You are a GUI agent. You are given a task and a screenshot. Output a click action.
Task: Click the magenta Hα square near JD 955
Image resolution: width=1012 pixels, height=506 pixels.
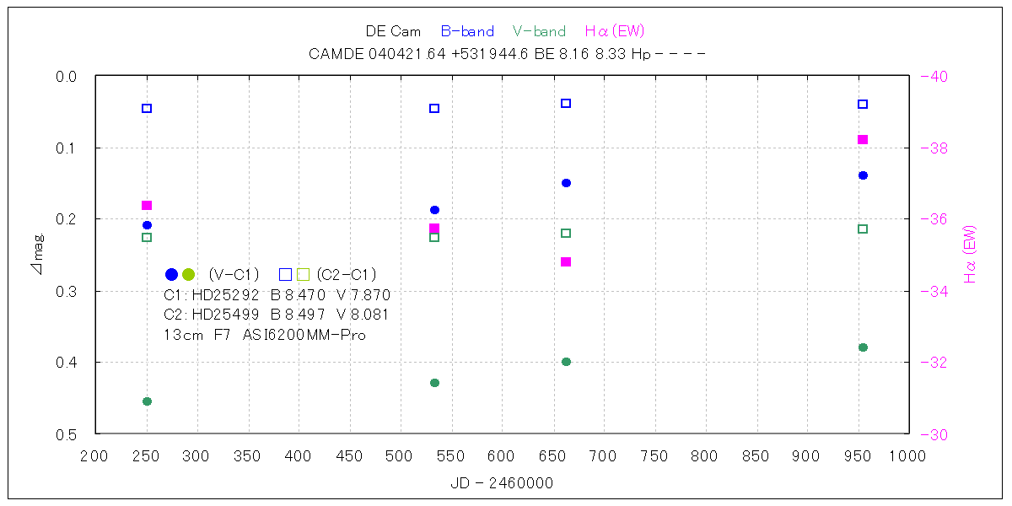click(x=863, y=139)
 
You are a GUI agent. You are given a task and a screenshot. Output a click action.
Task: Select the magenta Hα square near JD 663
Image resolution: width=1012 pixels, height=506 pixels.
click(x=566, y=261)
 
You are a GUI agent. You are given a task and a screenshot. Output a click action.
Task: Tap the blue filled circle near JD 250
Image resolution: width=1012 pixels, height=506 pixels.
click(x=147, y=225)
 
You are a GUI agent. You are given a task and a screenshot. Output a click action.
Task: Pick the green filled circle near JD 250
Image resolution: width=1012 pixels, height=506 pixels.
click(x=147, y=401)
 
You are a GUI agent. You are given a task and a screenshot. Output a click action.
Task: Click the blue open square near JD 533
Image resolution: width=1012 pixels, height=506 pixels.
click(x=434, y=108)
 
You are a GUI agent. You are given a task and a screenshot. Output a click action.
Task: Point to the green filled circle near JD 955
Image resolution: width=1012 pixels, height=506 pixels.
click(x=863, y=347)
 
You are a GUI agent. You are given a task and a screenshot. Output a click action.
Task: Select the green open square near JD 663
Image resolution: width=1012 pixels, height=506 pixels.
click(x=566, y=233)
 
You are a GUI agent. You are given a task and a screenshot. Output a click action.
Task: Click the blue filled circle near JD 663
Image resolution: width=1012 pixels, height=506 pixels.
click(x=566, y=183)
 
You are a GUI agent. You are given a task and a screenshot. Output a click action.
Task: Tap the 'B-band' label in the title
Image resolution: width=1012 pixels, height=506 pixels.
click(x=467, y=32)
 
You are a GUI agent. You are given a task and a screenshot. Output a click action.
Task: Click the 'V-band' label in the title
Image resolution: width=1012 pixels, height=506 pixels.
click(x=539, y=32)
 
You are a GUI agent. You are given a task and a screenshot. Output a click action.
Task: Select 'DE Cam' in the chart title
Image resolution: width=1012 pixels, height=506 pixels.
click(x=393, y=32)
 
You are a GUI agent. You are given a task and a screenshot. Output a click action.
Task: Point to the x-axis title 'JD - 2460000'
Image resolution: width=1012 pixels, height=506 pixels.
click(x=502, y=483)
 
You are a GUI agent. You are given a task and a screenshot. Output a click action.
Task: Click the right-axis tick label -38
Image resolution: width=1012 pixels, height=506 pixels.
click(x=934, y=148)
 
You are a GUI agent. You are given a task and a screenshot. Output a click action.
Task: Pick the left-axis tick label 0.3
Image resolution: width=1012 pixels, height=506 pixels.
click(x=67, y=291)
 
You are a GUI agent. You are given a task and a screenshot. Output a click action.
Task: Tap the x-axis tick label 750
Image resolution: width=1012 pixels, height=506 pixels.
click(x=654, y=456)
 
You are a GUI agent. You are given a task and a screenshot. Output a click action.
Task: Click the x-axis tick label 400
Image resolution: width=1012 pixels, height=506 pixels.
click(x=298, y=456)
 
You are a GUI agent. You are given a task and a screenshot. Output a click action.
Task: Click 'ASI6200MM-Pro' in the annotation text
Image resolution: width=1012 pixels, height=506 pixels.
click(x=310, y=334)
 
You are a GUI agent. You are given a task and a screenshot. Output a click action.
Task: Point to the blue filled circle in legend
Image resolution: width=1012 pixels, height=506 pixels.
click(x=171, y=274)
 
